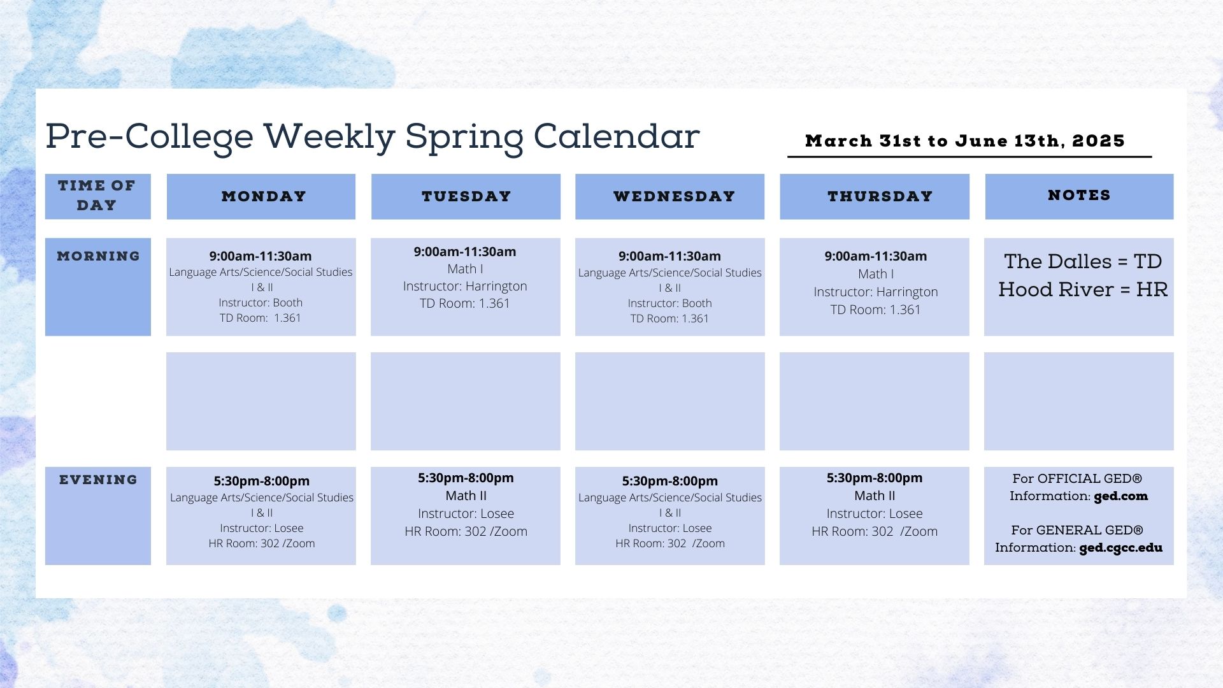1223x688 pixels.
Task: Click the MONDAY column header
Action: tap(264, 196)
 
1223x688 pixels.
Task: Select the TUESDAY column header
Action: tap(466, 196)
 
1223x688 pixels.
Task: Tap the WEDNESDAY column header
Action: tap(674, 196)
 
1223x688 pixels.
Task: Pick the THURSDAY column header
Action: tap(880, 196)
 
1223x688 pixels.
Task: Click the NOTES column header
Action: tap(1079, 195)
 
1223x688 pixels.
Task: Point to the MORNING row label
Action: tap(98, 256)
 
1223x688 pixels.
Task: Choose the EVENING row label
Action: tap(98, 480)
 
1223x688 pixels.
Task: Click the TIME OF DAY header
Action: tap(97, 195)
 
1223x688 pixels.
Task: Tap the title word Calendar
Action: tap(617, 136)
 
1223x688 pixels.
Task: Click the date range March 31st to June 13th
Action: tap(965, 141)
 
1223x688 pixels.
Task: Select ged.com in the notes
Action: tap(1121, 496)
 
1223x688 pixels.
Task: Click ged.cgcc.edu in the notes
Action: tap(1121, 548)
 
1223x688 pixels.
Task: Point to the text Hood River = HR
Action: tap(1083, 290)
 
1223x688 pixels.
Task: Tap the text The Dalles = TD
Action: tap(1083, 261)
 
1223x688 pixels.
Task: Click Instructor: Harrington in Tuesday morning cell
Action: tap(465, 286)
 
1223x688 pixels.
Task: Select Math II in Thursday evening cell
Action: tap(875, 496)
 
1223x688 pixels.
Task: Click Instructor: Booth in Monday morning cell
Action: tap(261, 303)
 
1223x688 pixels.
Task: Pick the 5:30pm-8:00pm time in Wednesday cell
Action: tap(670, 481)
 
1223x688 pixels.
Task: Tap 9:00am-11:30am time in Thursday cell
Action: tap(876, 256)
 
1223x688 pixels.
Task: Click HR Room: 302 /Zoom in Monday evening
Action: tap(262, 543)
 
